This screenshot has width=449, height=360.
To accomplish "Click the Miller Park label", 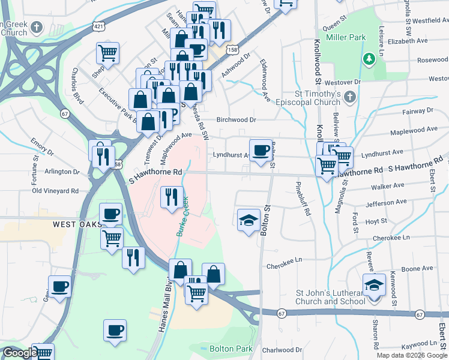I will point(346,37).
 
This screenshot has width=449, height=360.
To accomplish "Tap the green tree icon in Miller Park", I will point(369,59).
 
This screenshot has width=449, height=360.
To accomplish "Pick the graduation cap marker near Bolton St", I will point(249,220).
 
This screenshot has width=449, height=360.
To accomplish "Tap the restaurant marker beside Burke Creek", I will point(171,196).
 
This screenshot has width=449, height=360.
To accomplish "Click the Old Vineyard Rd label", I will point(55,191).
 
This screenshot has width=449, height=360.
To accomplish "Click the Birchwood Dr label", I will point(237,119).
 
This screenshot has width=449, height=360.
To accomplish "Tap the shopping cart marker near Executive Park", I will point(107,53).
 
